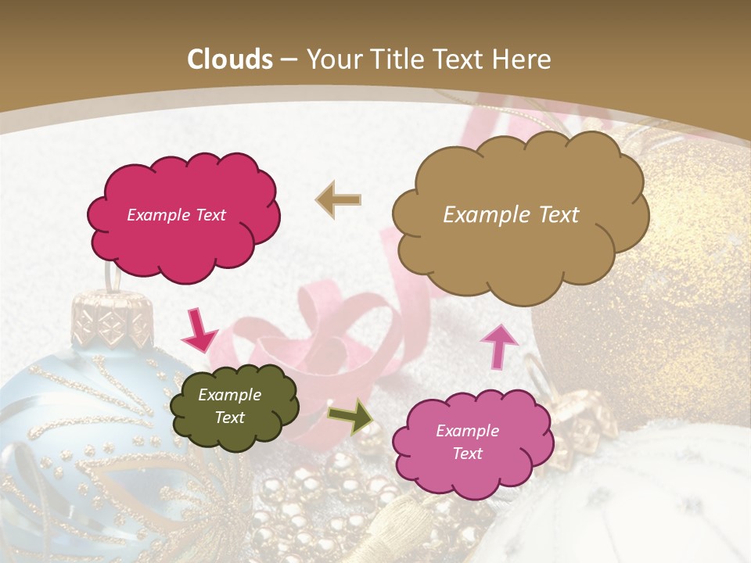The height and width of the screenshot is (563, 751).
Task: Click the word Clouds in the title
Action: tap(230, 59)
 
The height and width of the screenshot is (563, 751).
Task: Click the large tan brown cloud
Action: tap(519, 215)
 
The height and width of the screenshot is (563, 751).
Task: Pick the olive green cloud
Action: tap(233, 407)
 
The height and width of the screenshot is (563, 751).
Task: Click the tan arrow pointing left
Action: tap(339, 200)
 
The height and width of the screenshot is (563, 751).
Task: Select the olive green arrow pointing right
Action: tap(350, 417)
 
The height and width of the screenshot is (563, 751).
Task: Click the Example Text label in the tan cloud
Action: tap(511, 215)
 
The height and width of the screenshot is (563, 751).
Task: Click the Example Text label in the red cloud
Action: tap(176, 215)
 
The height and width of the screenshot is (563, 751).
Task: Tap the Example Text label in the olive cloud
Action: tap(229, 407)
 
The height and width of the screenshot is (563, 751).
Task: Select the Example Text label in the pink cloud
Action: tap(467, 442)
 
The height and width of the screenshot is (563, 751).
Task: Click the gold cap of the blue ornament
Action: tap(110, 317)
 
